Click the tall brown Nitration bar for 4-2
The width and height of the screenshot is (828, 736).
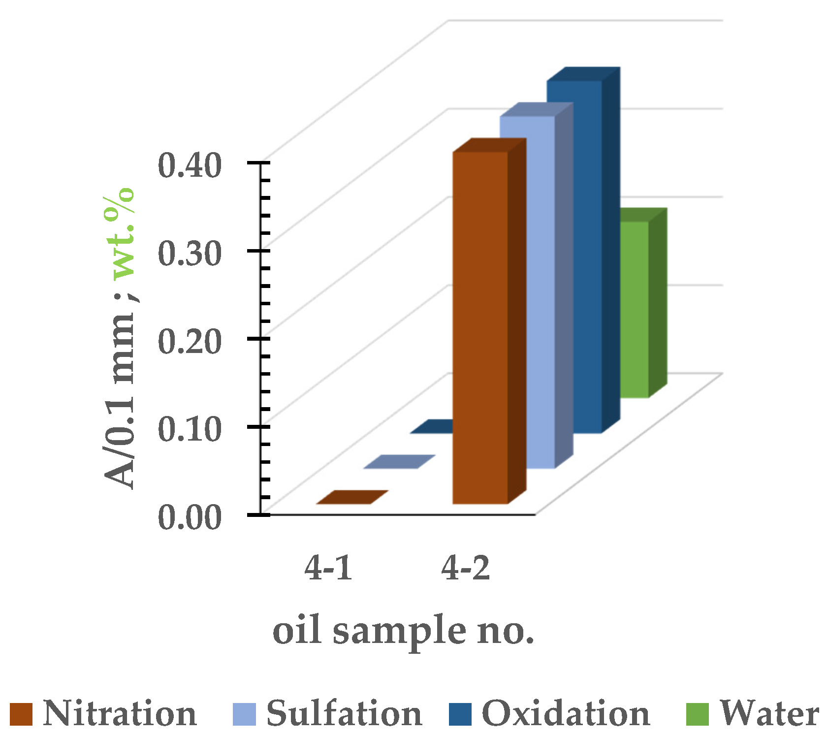coord(480,327)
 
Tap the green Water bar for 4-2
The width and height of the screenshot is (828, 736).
coord(634,310)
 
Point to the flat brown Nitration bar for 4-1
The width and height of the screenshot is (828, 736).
coord(352,497)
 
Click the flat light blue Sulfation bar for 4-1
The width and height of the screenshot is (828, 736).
coord(399,462)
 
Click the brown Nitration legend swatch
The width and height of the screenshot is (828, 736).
coord(21,714)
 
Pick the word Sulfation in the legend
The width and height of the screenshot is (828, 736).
coord(344,713)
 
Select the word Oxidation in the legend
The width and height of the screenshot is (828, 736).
coord(566,713)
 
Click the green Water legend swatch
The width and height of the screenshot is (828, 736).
coord(697,714)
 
